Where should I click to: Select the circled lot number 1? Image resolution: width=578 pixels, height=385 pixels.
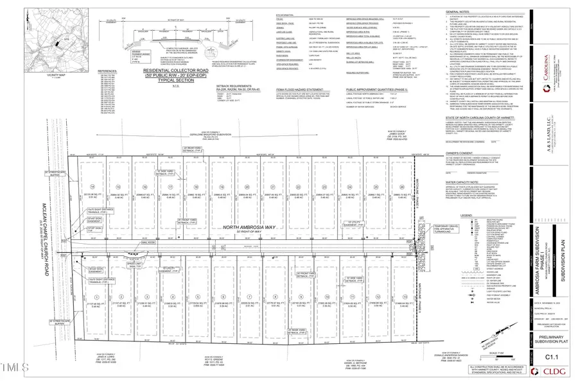pyautogui.click(x=95, y=296)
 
